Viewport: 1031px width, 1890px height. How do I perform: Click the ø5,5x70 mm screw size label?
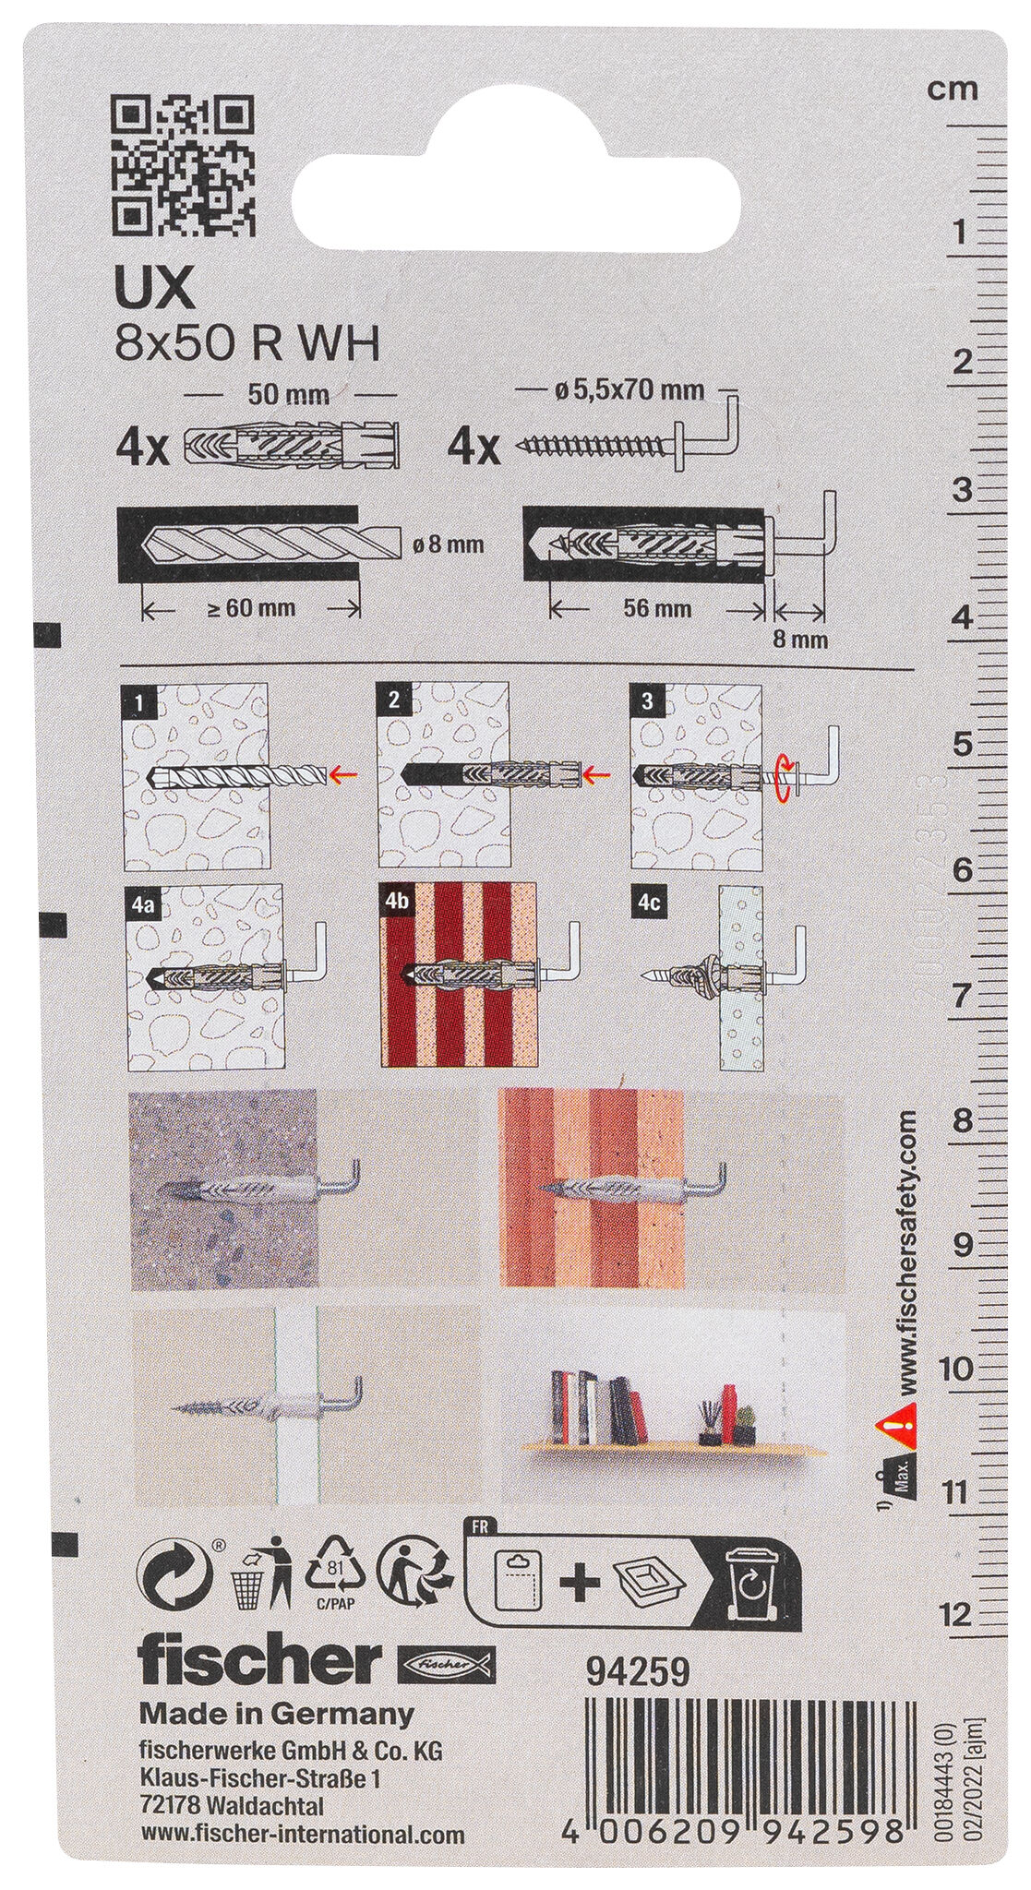(629, 389)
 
